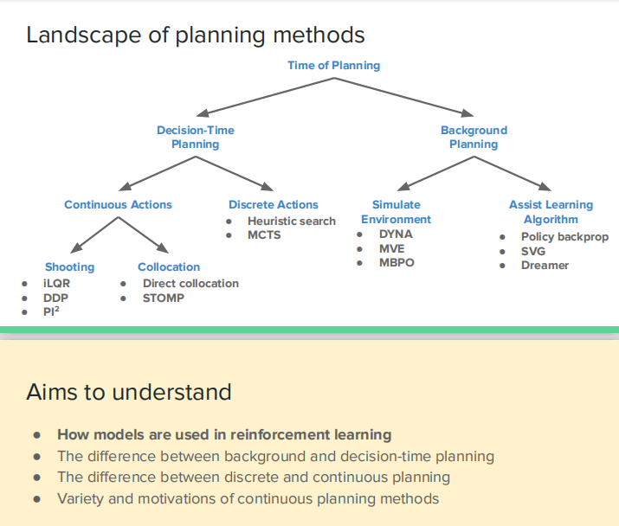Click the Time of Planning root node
(333, 65)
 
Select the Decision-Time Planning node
(195, 137)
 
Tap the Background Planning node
(474, 137)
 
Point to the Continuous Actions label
(118, 205)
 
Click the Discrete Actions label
(274, 205)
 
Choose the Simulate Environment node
(397, 212)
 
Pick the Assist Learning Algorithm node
(551, 212)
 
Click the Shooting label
(69, 267)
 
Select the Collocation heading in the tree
(169, 267)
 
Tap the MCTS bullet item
(264, 234)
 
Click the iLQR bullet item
(57, 283)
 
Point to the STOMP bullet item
(164, 298)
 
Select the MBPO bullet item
(397, 262)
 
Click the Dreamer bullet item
(545, 265)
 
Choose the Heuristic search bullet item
(291, 221)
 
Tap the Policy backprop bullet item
(564, 236)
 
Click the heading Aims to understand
(129, 392)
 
